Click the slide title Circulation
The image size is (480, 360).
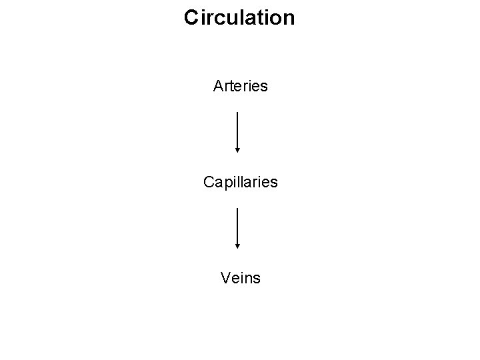click(x=239, y=18)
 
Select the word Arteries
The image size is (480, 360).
click(x=240, y=86)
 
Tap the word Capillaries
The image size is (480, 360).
click(x=240, y=181)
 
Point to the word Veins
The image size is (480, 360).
click(x=240, y=277)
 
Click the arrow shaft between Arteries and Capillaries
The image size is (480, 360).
click(x=237, y=130)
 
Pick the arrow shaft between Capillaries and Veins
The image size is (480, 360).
click(x=237, y=225)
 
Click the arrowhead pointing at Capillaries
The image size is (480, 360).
click(x=237, y=151)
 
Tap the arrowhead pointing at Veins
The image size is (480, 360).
click(x=237, y=246)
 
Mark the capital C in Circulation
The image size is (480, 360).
click(x=191, y=18)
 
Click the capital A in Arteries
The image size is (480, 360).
click(x=218, y=86)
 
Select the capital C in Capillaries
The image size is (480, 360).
click(x=209, y=181)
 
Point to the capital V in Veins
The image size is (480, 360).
click(x=225, y=277)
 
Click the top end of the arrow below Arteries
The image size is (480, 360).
click(x=237, y=113)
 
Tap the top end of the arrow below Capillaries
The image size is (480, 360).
click(x=237, y=208)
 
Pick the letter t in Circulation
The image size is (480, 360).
click(x=259, y=18)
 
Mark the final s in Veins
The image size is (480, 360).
click(x=257, y=277)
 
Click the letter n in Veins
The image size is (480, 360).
click(x=248, y=277)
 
